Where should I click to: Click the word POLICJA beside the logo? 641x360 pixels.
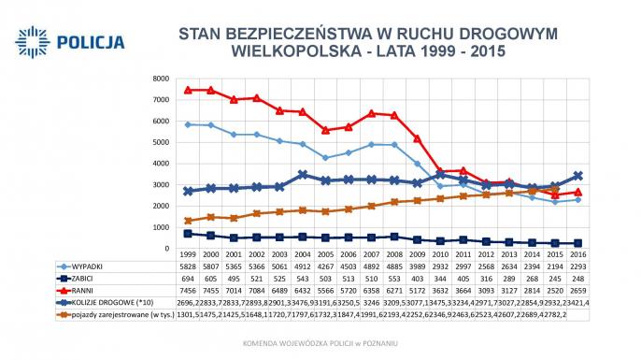91,41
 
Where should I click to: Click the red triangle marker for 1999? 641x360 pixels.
189,91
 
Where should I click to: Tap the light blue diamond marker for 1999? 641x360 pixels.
189,124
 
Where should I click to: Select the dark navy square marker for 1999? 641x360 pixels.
189,234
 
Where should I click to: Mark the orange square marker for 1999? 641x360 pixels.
189,221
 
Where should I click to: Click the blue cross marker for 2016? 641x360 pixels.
577,176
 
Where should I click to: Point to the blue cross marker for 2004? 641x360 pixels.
303,175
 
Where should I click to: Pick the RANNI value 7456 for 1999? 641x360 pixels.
189,289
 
